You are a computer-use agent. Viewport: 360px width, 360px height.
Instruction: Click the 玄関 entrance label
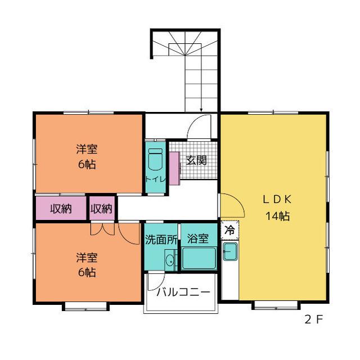click(x=196, y=160)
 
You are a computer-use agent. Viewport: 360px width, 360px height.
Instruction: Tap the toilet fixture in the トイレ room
click(x=155, y=159)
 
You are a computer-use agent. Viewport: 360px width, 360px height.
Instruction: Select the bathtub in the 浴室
click(x=199, y=258)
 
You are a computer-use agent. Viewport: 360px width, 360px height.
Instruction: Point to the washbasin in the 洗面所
click(x=170, y=260)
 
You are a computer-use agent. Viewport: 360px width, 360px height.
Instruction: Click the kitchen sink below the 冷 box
click(x=230, y=251)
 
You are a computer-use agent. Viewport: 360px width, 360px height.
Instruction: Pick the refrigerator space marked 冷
click(x=230, y=230)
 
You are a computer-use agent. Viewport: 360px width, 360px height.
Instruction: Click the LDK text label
click(x=277, y=199)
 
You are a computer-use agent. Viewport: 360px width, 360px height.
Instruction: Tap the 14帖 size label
click(x=277, y=216)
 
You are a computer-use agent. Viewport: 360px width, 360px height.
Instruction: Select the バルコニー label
click(x=183, y=292)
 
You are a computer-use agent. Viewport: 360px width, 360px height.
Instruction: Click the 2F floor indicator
click(x=314, y=319)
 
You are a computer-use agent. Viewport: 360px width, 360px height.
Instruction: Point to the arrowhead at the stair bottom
click(x=201, y=110)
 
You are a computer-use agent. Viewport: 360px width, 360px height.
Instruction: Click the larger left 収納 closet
click(x=61, y=208)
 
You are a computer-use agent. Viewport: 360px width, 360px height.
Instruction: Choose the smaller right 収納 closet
click(x=102, y=208)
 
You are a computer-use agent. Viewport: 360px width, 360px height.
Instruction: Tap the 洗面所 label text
click(x=161, y=240)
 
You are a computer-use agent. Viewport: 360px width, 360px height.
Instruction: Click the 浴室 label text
click(x=198, y=238)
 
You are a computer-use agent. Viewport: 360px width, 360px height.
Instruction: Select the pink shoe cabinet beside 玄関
click(x=174, y=168)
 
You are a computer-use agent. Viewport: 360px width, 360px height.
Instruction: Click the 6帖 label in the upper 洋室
click(x=87, y=164)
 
